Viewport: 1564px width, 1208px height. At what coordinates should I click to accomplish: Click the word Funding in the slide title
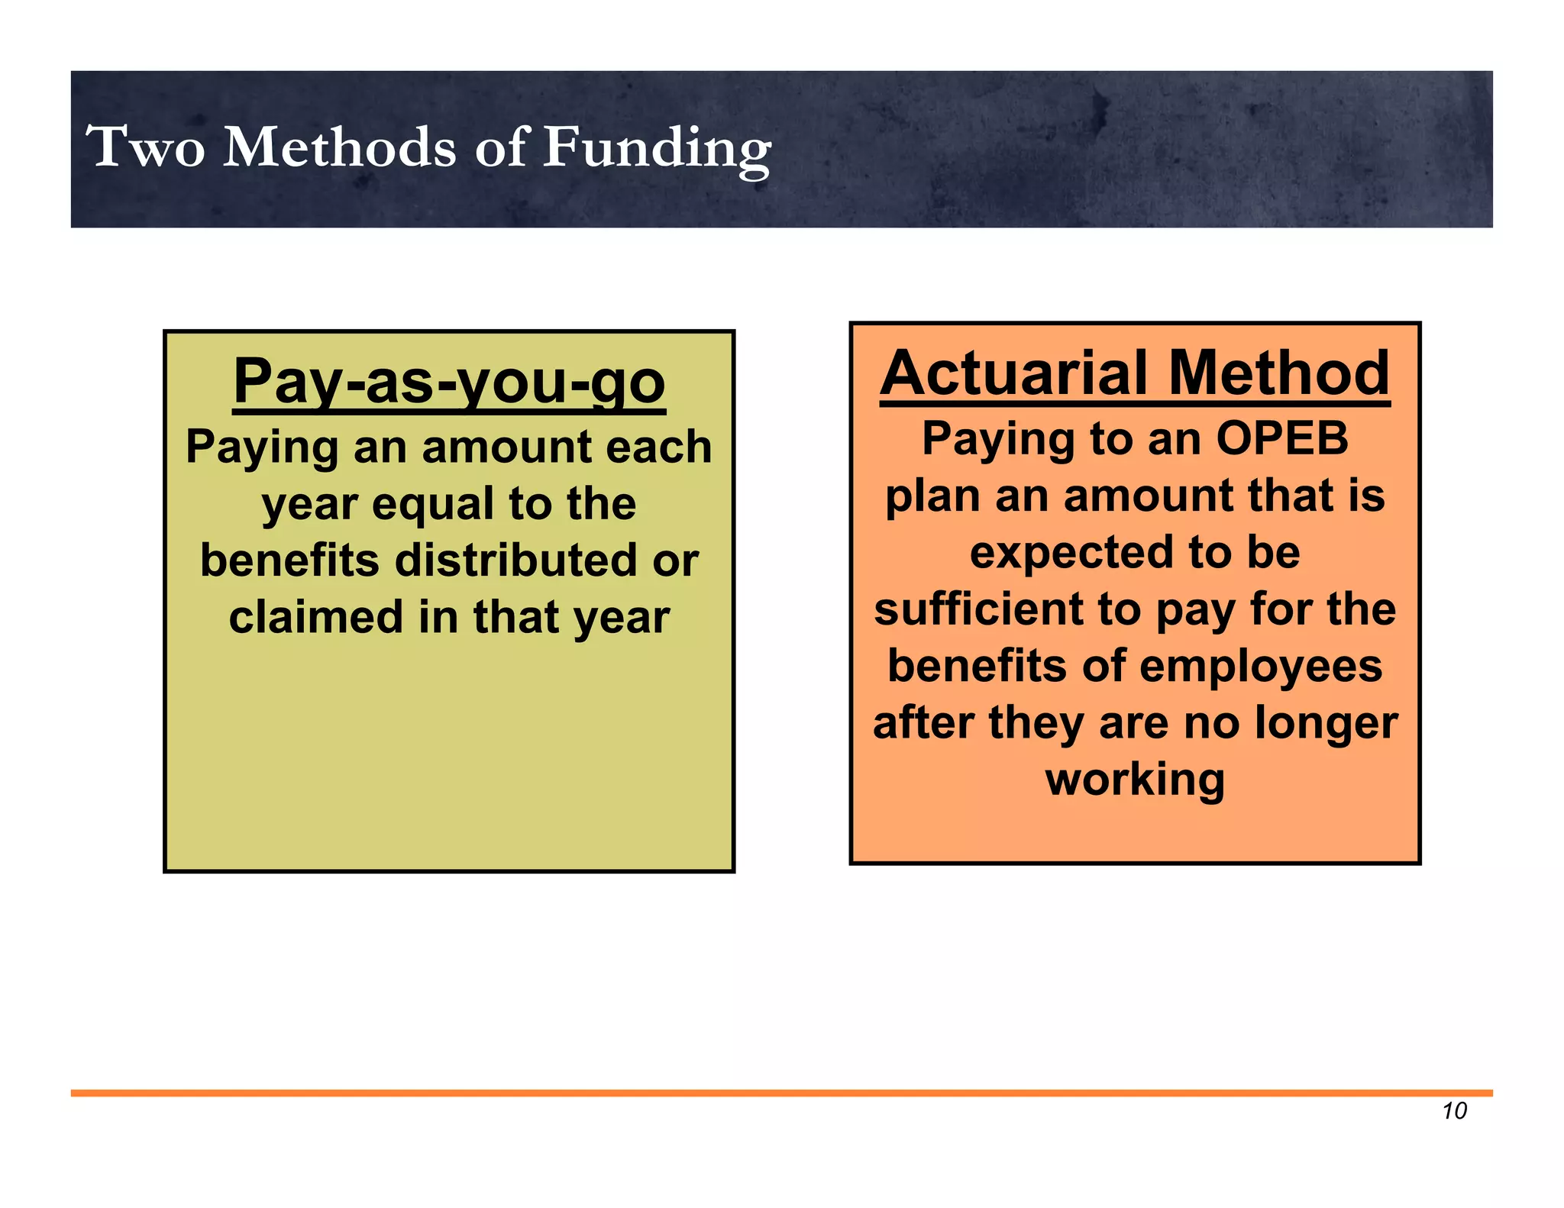pyautogui.click(x=657, y=147)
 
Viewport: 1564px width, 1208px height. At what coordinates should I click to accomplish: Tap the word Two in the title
pyautogui.click(x=145, y=147)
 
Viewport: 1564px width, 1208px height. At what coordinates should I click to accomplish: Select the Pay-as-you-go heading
pyautogui.click(x=449, y=381)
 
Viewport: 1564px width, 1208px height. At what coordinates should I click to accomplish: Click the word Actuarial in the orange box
pyautogui.click(x=1013, y=373)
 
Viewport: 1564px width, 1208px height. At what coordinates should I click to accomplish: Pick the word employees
pyautogui.click(x=1261, y=666)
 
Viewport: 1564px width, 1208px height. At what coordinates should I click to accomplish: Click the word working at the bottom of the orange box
pyautogui.click(x=1135, y=780)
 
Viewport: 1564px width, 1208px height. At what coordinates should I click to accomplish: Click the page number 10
pyautogui.click(x=1454, y=1111)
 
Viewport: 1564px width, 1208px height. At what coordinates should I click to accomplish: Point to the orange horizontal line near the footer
pyautogui.click(x=781, y=1093)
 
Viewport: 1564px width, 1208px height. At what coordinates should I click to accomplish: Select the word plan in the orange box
pyautogui.click(x=932, y=496)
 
